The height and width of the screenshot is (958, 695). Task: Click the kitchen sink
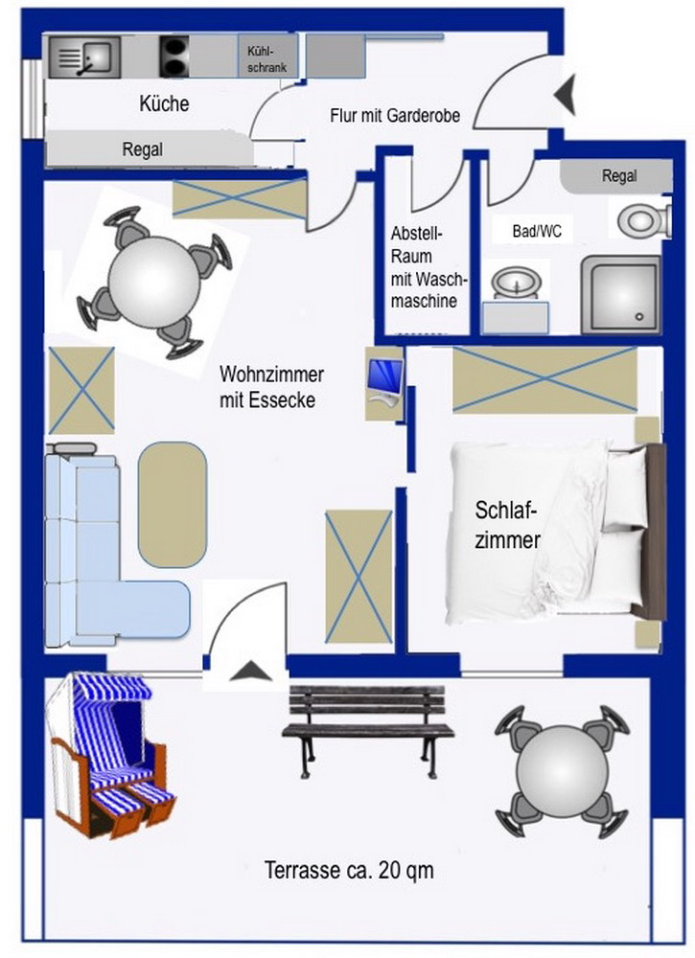coord(83,57)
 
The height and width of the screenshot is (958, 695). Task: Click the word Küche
coord(164,104)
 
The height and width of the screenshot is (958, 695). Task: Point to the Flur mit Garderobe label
coord(396,116)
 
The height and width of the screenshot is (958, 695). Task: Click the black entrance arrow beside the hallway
coord(565,93)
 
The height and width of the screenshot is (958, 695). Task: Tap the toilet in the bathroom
coord(637,221)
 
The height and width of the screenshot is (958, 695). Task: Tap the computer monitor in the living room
coord(383,380)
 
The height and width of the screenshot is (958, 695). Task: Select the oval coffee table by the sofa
coord(172,504)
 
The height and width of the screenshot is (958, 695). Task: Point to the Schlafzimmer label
coord(508,524)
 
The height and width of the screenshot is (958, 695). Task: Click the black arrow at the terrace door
coord(247,672)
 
